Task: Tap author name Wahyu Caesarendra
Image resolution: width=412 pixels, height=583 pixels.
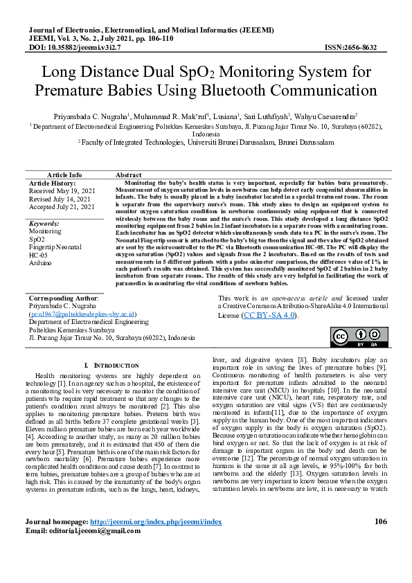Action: [x=326, y=117]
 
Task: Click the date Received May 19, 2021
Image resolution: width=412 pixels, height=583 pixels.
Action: [x=62, y=190]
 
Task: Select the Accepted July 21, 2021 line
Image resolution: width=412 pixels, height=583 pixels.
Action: [x=62, y=206]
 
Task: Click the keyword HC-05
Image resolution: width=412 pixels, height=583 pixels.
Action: [x=38, y=255]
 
